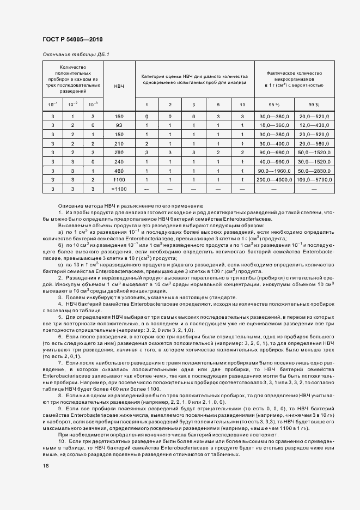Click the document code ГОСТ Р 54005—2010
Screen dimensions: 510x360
[72, 40]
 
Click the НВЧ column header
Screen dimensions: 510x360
[119, 87]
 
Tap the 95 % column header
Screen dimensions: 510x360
[273, 105]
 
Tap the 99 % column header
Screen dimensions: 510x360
[314, 105]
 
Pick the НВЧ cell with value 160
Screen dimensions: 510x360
[119, 117]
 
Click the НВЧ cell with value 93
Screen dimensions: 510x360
[119, 125]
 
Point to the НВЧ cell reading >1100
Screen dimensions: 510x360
[119, 188]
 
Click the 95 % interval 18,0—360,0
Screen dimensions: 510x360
[274, 125]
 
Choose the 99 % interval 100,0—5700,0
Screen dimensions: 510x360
[314, 179]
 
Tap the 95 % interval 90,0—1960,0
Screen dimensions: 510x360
[274, 170]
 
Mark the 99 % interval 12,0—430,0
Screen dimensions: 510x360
[314, 125]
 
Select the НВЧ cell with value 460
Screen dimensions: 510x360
[119, 170]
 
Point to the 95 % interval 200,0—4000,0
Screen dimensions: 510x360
[274, 179]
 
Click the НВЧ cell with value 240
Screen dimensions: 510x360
[119, 161]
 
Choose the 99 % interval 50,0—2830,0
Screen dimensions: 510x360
[314, 170]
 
